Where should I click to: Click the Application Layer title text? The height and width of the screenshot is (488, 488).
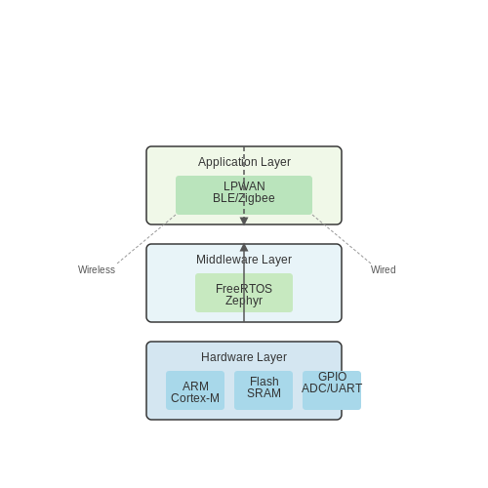[x=244, y=162]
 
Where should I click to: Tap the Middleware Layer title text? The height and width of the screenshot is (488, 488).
[x=244, y=260]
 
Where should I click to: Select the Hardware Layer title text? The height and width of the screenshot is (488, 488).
[x=244, y=357]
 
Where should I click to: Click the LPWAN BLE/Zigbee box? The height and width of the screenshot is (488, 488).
[x=244, y=195]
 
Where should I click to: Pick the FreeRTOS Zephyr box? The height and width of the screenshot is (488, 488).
[x=244, y=293]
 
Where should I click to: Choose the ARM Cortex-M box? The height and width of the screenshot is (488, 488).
[x=195, y=390]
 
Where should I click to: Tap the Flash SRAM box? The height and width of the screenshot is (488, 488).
[x=264, y=390]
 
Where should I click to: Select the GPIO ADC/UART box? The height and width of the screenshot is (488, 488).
[x=332, y=390]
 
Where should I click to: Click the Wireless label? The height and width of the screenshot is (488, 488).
[x=97, y=269]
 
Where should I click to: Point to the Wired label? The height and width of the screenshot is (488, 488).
[x=384, y=269]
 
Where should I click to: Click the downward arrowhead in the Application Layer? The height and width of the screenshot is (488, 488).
[x=244, y=221]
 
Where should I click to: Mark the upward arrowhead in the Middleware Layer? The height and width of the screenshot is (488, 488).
[x=244, y=248]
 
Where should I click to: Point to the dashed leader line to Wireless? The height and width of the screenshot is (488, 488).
[x=146, y=239]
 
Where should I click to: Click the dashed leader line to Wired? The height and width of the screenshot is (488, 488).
[x=342, y=239]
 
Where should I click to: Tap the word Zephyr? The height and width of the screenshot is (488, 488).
[x=244, y=301]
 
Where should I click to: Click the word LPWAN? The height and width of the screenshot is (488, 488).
[x=244, y=186]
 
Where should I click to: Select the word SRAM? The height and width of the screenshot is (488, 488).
[x=264, y=393]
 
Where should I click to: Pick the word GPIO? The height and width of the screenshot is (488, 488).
[x=332, y=377]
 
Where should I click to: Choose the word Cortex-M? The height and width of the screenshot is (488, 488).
[x=195, y=398]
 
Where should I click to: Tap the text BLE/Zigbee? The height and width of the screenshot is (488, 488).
[x=244, y=198]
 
